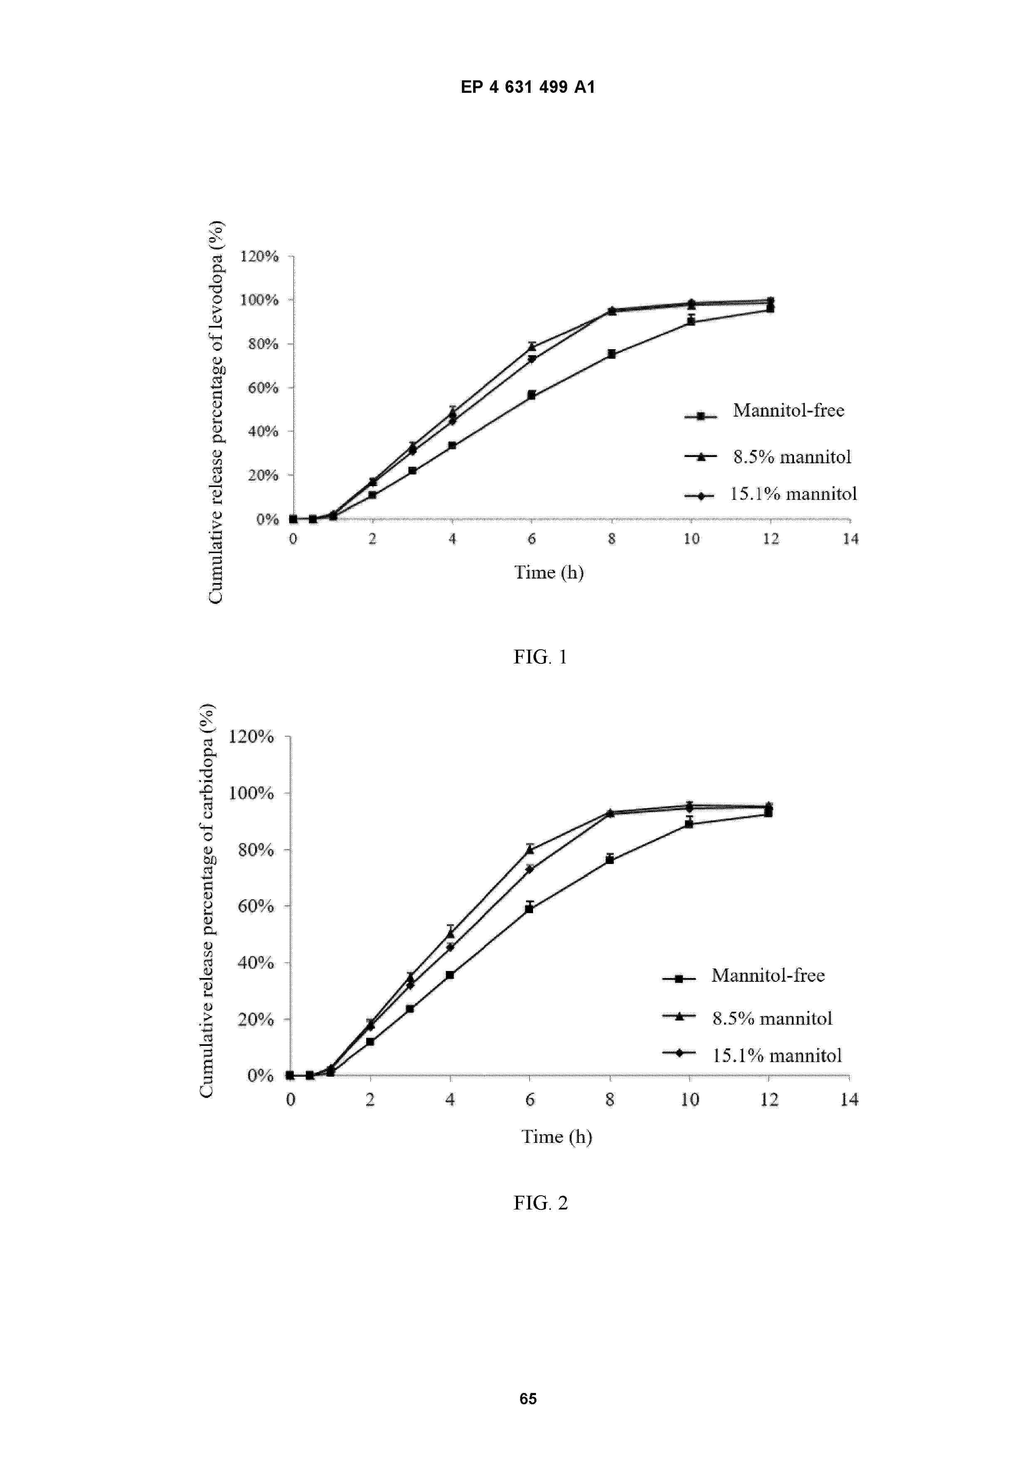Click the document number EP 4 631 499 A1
pos(528,87)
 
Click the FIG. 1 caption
pos(540,657)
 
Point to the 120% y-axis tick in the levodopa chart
pos(259,256)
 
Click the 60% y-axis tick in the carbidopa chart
pos(256,906)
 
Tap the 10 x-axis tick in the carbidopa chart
pos(689,1100)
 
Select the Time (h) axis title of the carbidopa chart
pos(556,1136)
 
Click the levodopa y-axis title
pos(216,412)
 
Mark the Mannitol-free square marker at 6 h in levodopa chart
pos(531,395)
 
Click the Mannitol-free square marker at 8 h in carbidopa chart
pos(610,860)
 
